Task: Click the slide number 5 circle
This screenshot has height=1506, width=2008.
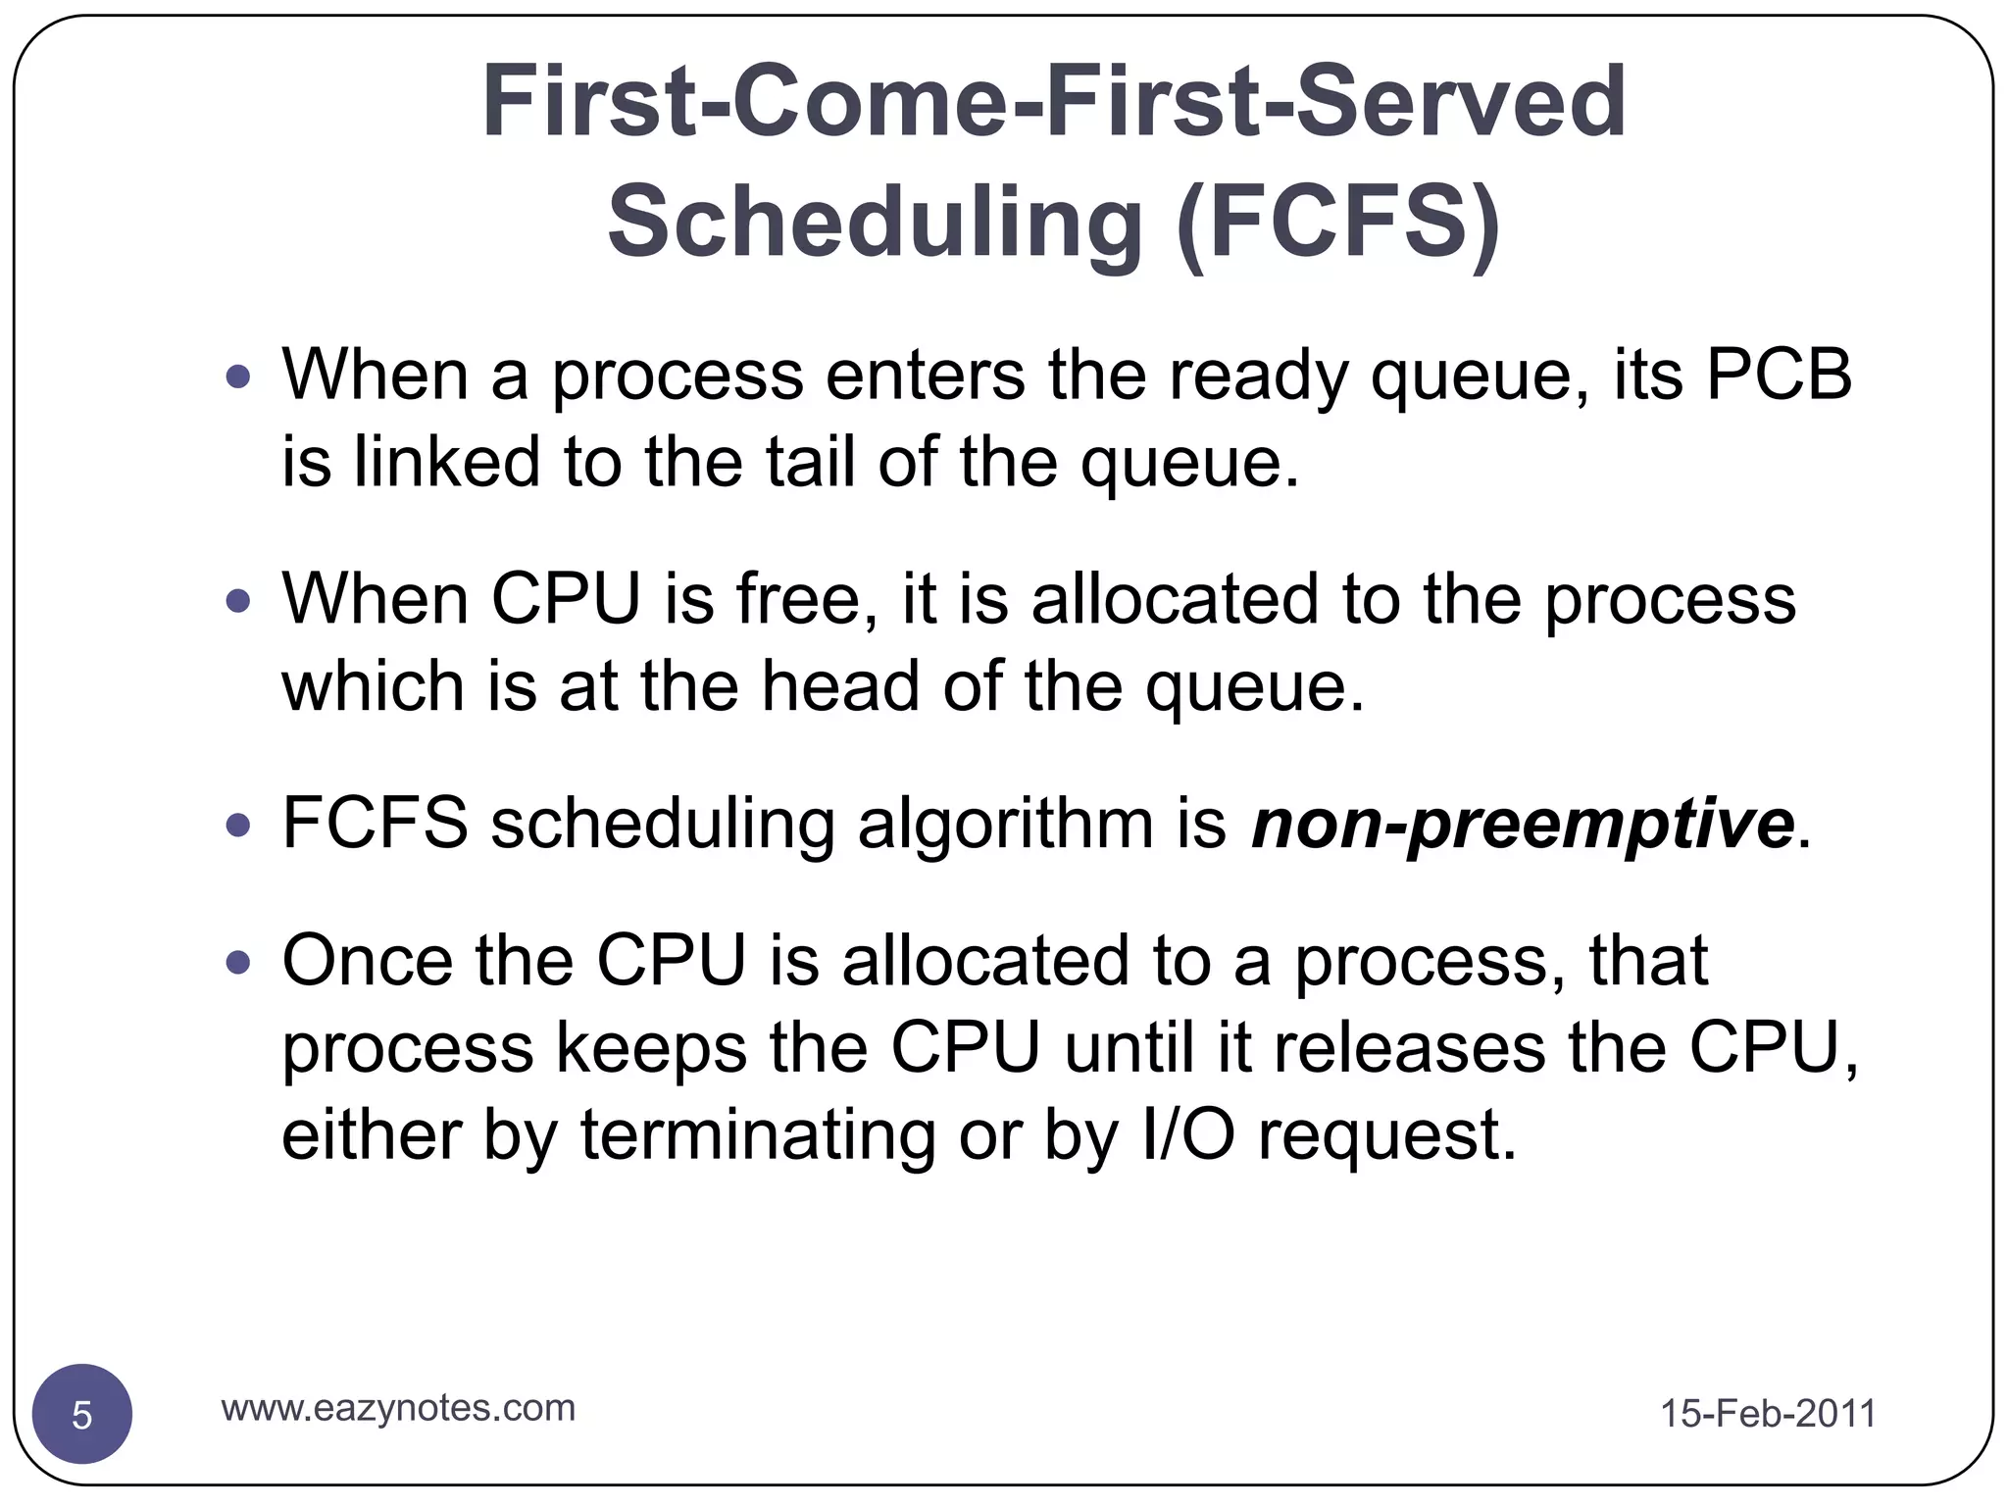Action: coord(82,1415)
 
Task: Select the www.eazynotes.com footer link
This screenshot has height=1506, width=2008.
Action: coord(398,1408)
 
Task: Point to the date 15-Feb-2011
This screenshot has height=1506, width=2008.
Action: coord(1768,1414)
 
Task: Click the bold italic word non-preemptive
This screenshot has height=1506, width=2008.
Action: coord(1523,824)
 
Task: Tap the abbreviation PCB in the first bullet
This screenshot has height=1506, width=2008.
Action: coord(1779,375)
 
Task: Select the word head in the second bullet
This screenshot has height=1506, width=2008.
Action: coord(840,685)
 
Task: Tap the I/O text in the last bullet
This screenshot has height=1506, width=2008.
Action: coord(1188,1134)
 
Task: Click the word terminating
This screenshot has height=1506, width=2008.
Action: coord(758,1134)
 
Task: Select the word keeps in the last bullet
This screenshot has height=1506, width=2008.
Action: coord(651,1047)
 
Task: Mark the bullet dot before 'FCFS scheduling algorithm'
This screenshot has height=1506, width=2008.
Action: coord(237,826)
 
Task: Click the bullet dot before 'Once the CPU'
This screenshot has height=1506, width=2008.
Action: coord(237,963)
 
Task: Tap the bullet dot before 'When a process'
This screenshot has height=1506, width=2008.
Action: coord(237,376)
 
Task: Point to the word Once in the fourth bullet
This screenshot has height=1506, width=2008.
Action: coord(367,960)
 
